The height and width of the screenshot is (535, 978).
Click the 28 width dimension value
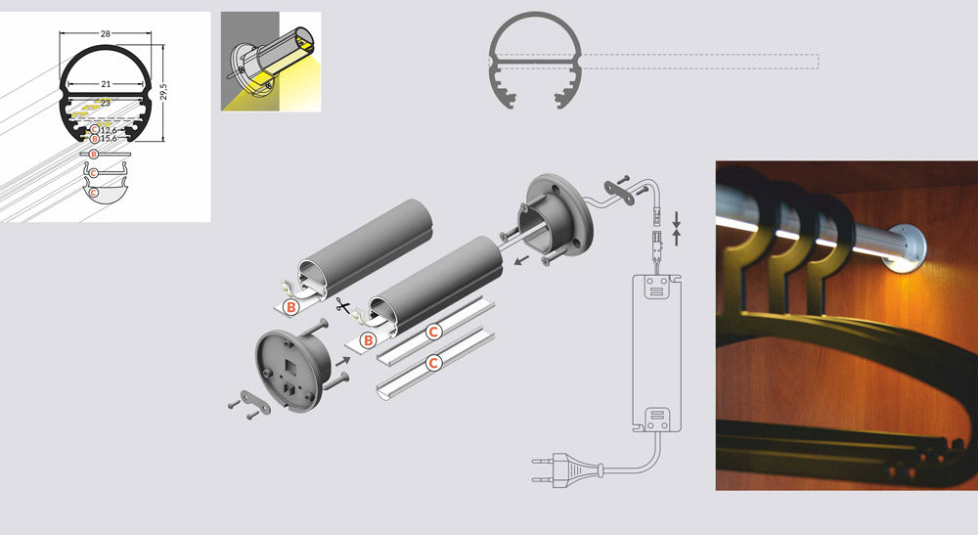point(106,33)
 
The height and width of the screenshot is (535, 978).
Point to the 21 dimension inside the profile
point(106,83)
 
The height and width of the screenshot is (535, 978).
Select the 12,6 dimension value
point(109,130)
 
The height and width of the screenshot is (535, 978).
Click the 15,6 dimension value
point(109,139)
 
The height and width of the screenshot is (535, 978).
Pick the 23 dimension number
point(105,103)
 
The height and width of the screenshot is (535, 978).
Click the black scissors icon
point(342,305)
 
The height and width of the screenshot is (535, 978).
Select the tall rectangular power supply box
point(657,353)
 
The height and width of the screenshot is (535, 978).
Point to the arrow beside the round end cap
point(342,360)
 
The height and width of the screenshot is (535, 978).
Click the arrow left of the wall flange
point(521,258)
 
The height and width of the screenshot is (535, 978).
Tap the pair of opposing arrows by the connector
point(676,229)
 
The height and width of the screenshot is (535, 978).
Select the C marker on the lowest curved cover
point(433,363)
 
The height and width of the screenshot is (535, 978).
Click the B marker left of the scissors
point(290,307)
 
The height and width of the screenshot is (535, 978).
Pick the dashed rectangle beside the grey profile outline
point(700,61)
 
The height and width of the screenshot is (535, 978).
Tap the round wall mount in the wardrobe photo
point(907,248)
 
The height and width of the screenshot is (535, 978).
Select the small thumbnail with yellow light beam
point(271,62)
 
